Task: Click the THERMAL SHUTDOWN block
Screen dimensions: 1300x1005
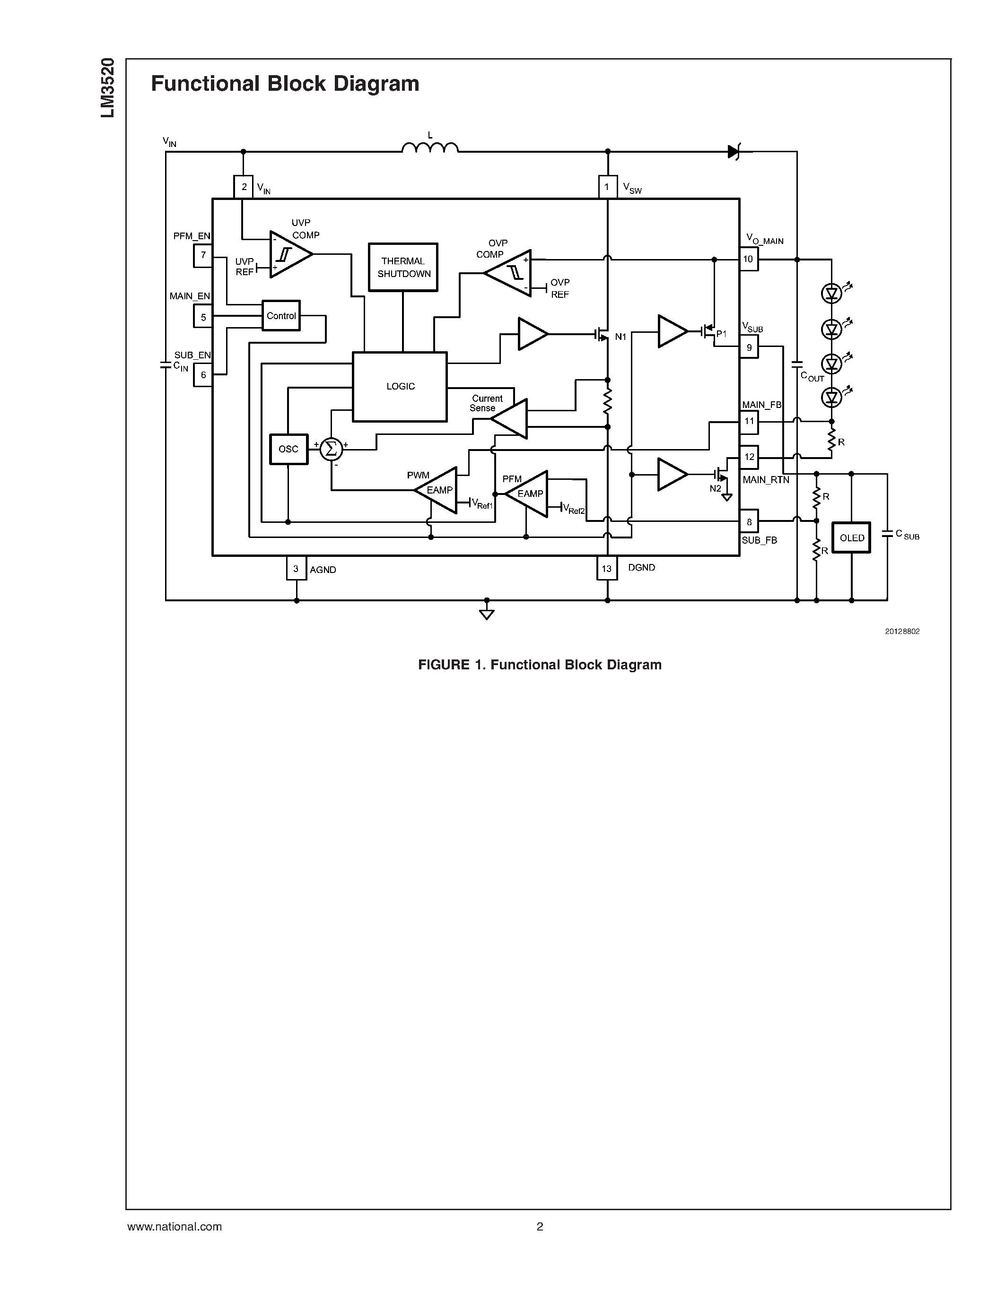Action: pyautogui.click(x=403, y=267)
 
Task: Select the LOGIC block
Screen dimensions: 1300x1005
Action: pyautogui.click(x=400, y=387)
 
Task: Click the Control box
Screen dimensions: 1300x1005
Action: pyautogui.click(x=281, y=315)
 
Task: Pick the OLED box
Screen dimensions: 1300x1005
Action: pyautogui.click(x=851, y=537)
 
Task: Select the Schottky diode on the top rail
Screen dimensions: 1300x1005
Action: pyautogui.click(x=734, y=152)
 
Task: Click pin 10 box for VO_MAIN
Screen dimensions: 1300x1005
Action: pyautogui.click(x=748, y=259)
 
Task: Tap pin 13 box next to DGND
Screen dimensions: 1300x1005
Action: pyautogui.click(x=606, y=568)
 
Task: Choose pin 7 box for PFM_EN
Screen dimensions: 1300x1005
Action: pyautogui.click(x=203, y=255)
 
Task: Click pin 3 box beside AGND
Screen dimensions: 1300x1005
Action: pyautogui.click(x=296, y=568)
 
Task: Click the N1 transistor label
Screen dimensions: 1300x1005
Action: pyautogui.click(x=620, y=337)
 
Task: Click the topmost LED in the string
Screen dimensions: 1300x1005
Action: pyautogui.click(x=831, y=293)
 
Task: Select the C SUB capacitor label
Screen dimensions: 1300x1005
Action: pyautogui.click(x=908, y=535)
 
